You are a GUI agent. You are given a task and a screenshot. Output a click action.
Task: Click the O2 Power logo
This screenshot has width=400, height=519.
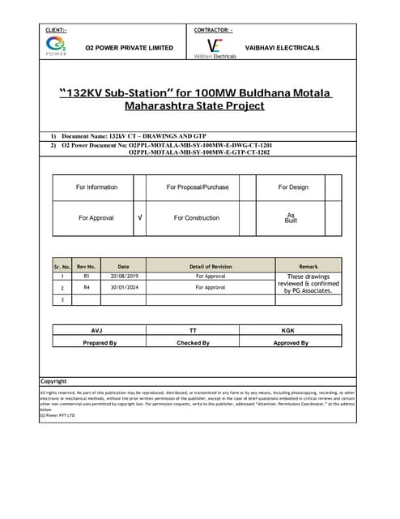pos(57,46)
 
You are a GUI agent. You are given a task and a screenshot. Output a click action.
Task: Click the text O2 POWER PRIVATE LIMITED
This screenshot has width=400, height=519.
pos(130,48)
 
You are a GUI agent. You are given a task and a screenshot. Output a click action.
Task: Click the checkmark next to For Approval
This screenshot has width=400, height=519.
pos(140,218)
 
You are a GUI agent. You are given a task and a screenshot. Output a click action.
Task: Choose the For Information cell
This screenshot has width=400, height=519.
pos(96,187)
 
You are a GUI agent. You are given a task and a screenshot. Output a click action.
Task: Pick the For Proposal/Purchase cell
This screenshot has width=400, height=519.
pos(198,187)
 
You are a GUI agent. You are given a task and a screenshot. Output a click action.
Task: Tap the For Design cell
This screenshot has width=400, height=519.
pos(292,187)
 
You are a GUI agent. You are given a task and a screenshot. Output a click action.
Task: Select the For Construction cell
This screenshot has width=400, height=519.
pos(197,218)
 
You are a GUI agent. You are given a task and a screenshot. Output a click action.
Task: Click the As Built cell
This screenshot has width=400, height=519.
pos(291,217)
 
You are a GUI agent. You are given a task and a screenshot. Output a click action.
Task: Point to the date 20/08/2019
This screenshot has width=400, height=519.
pos(123,276)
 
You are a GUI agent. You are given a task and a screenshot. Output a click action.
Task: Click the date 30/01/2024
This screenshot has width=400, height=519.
pos(123,287)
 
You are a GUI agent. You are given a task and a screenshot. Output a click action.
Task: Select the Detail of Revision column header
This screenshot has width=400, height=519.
pos(211,266)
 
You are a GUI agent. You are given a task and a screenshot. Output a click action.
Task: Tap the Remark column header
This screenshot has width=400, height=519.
pos(309,266)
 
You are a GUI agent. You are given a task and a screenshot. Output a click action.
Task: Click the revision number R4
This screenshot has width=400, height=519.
pos(86,287)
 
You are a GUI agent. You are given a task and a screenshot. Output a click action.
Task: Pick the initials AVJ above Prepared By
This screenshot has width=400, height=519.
pos(96,331)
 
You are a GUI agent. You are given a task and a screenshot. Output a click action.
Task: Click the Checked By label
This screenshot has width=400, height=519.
pos(193,343)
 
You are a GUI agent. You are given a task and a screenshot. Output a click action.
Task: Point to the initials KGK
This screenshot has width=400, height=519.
pos(288,331)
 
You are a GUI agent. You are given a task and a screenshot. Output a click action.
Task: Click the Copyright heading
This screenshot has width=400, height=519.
pos(54,381)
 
